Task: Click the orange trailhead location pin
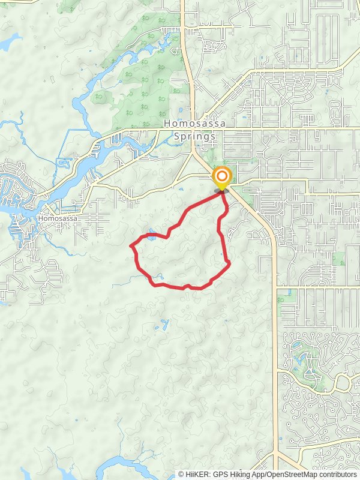(x=222, y=176)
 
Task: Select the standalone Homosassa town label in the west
(x=56, y=219)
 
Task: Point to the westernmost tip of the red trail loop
(x=131, y=245)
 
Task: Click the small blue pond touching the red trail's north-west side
(x=151, y=235)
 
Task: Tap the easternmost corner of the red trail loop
(x=230, y=262)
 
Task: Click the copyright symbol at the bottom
(x=181, y=474)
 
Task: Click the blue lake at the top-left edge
(x=9, y=42)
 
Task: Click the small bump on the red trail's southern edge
(x=187, y=286)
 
